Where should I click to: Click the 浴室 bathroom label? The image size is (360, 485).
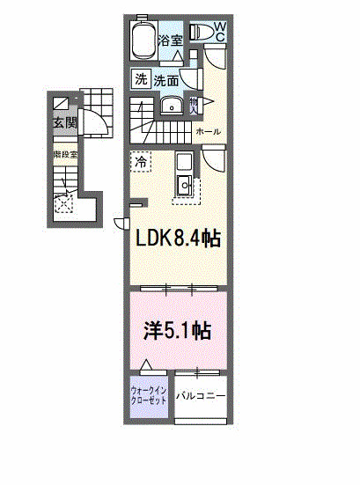coord(171,40)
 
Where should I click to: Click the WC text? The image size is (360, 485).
coord(219,32)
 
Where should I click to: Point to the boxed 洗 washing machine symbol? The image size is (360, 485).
coord(142,79)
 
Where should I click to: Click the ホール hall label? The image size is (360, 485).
coord(209,132)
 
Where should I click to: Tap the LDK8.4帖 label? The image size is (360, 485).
coord(176,239)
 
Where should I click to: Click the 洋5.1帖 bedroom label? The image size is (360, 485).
coord(177,330)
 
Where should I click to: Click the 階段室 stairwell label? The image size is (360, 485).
coord(65,154)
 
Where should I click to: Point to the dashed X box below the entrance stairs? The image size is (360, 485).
coord(64,204)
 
